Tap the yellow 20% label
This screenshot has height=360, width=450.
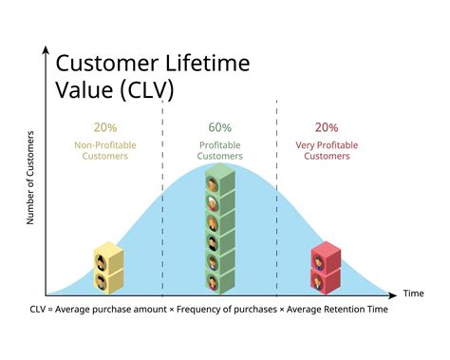105,127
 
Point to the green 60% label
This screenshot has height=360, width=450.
220,127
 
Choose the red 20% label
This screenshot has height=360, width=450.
326,127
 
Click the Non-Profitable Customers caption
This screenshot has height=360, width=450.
105,150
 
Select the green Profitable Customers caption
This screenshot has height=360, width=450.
220,150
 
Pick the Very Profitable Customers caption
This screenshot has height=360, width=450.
326,150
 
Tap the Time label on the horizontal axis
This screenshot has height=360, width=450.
413,294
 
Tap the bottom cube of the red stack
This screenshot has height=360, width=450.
326,280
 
